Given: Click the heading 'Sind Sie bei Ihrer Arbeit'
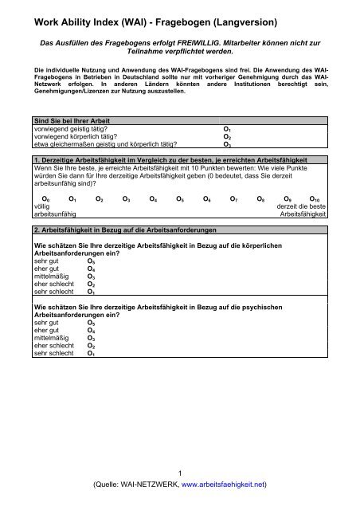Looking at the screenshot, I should (59, 120).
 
